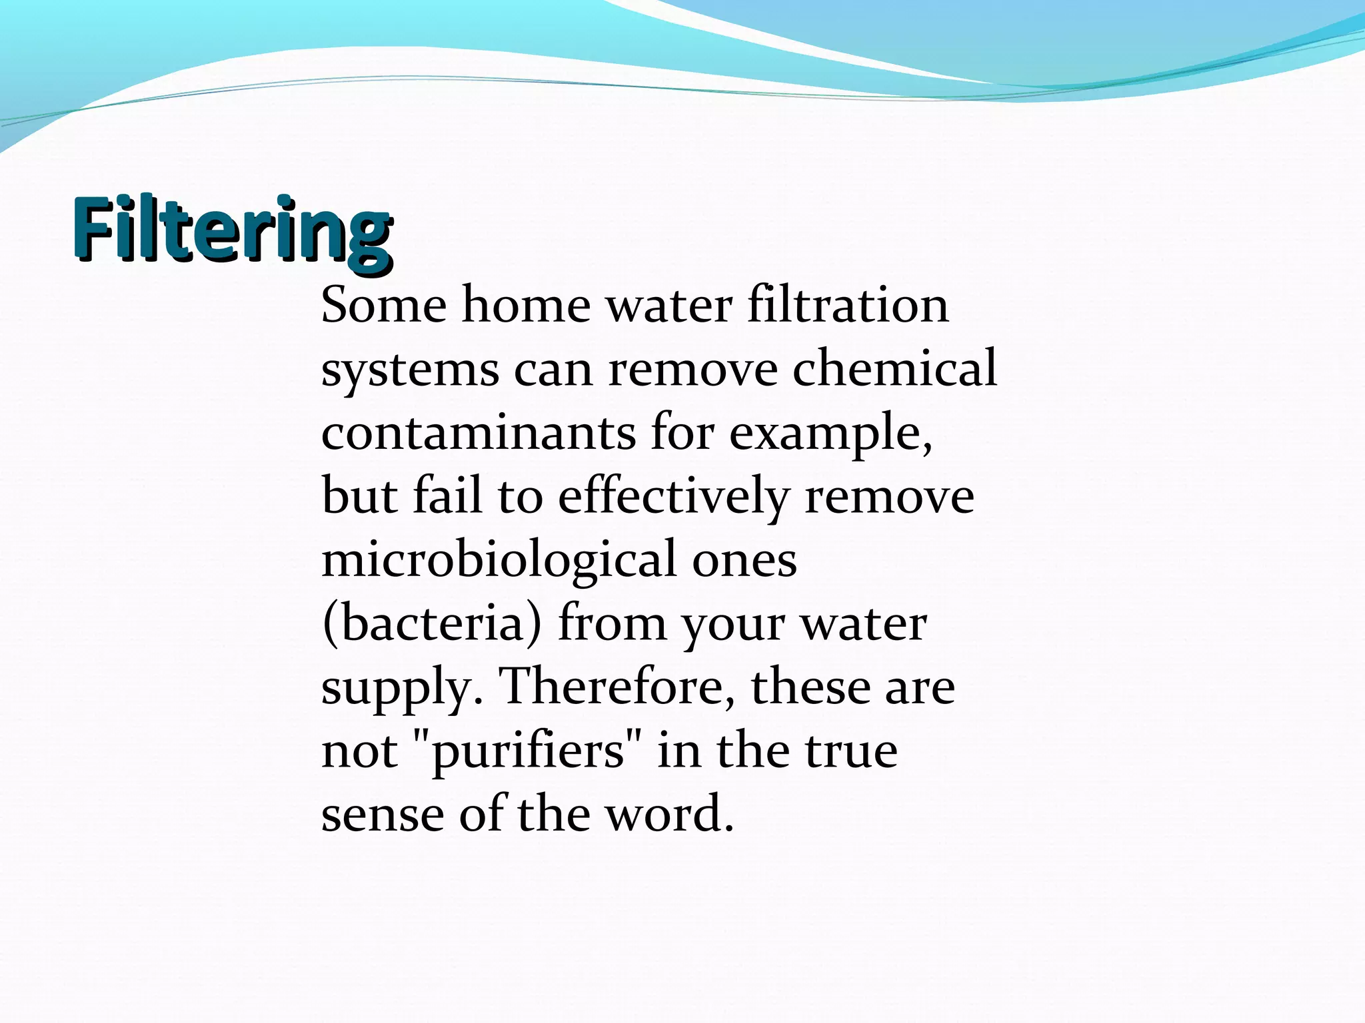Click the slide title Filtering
click(x=232, y=230)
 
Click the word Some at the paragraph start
click(x=384, y=305)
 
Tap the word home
click(x=526, y=305)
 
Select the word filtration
click(x=848, y=305)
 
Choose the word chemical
click(x=894, y=368)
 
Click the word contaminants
click(x=479, y=432)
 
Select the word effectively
click(x=673, y=497)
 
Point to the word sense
click(x=383, y=815)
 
